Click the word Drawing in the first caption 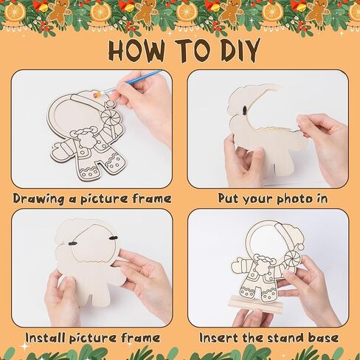[39, 199]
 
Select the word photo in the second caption [294, 198]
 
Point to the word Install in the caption [46, 338]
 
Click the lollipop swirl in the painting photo [108, 117]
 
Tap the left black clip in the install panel [72, 243]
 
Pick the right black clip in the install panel [113, 238]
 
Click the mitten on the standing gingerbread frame [237, 264]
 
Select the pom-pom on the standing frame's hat [301, 246]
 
